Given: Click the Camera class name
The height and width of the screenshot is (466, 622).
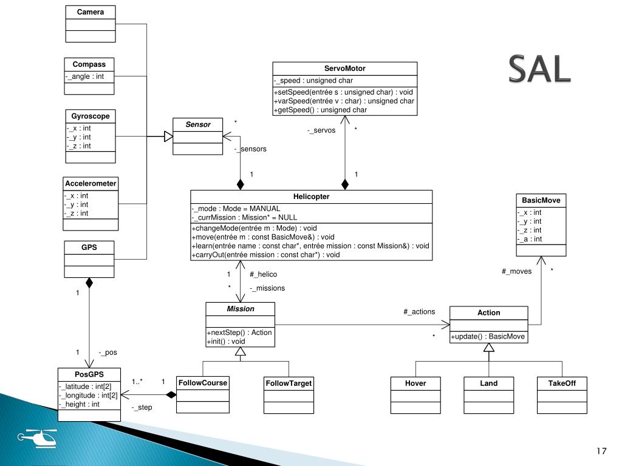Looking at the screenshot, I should (90, 12).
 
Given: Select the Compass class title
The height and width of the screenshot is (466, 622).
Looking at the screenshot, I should (89, 64).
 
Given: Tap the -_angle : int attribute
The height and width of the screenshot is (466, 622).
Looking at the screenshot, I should (85, 76).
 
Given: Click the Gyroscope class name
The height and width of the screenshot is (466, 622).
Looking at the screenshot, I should (90, 116).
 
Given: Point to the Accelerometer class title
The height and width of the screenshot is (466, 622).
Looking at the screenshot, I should (91, 183).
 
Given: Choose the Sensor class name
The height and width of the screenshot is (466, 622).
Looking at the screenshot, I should (198, 124).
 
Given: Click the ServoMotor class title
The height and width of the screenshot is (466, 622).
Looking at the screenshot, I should (344, 69).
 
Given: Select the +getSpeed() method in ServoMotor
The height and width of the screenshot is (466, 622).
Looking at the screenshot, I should (320, 110).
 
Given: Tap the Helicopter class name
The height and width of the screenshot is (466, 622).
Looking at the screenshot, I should (311, 197).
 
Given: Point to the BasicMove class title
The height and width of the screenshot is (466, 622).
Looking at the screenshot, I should (541, 200).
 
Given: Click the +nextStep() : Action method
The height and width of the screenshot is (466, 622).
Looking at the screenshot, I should (239, 333).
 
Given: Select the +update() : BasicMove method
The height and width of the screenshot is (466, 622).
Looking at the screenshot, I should (488, 337).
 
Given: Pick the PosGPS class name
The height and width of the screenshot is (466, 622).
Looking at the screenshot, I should (89, 374).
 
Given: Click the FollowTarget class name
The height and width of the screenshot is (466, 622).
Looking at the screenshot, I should (289, 383).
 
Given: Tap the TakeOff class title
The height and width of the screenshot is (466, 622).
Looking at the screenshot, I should (562, 383).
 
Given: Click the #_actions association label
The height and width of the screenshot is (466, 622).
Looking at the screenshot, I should (419, 312).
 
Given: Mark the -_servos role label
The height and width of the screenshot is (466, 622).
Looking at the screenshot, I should (321, 130).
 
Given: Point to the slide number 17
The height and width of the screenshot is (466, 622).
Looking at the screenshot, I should (601, 451).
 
